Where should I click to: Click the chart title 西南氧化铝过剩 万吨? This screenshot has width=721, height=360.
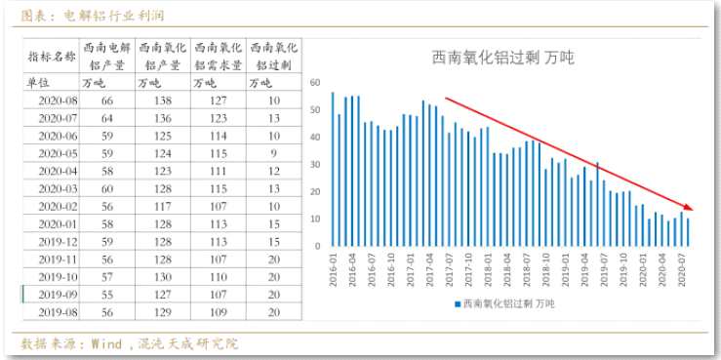(x=502, y=58)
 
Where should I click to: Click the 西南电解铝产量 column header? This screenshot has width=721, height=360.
(x=106, y=56)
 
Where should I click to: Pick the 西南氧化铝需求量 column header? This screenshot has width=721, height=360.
(x=219, y=56)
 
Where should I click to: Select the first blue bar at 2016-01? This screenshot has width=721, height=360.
(x=333, y=170)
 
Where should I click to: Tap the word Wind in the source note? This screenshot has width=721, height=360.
(x=107, y=344)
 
